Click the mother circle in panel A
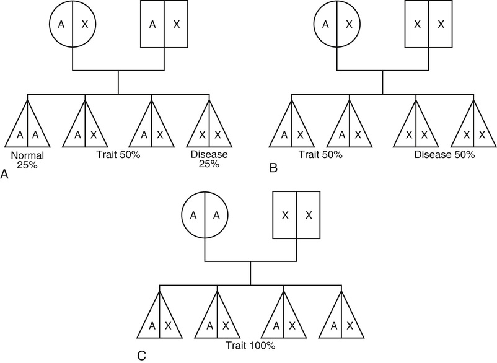[x=73, y=24]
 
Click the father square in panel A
[x=164, y=24]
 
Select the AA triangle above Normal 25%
[x=28, y=127]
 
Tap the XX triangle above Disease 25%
[x=210, y=127]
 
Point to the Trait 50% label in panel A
[x=118, y=155]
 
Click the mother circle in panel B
[x=336, y=24]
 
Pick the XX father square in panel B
[x=428, y=24]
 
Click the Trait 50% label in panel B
[x=320, y=155]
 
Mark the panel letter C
[x=141, y=356]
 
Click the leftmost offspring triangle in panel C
[x=160, y=317]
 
